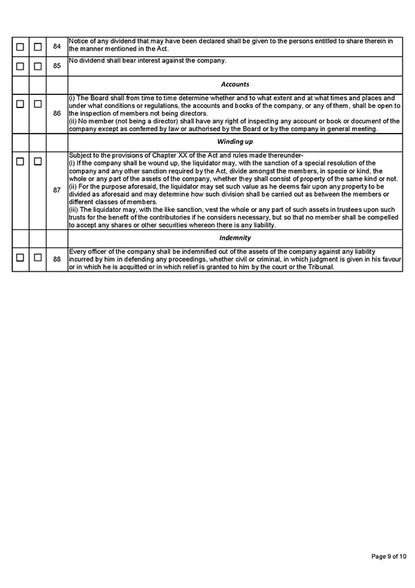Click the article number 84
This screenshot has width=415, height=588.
click(57, 46)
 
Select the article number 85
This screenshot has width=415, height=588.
click(57, 66)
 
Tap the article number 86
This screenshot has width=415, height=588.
click(57, 112)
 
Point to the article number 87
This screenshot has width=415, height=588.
click(57, 189)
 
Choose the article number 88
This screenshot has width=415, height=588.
click(57, 259)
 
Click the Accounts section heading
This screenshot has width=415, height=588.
click(235, 84)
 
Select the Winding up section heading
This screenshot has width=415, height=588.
click(235, 141)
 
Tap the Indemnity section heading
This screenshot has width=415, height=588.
click(235, 238)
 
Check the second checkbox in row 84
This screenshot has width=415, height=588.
click(38, 46)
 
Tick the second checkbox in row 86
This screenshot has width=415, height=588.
click(38, 104)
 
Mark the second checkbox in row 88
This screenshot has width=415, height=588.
click(38, 258)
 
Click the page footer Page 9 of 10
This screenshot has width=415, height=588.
click(389, 556)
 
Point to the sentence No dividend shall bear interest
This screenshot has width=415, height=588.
click(148, 61)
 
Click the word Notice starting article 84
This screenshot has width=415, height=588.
click(77, 42)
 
